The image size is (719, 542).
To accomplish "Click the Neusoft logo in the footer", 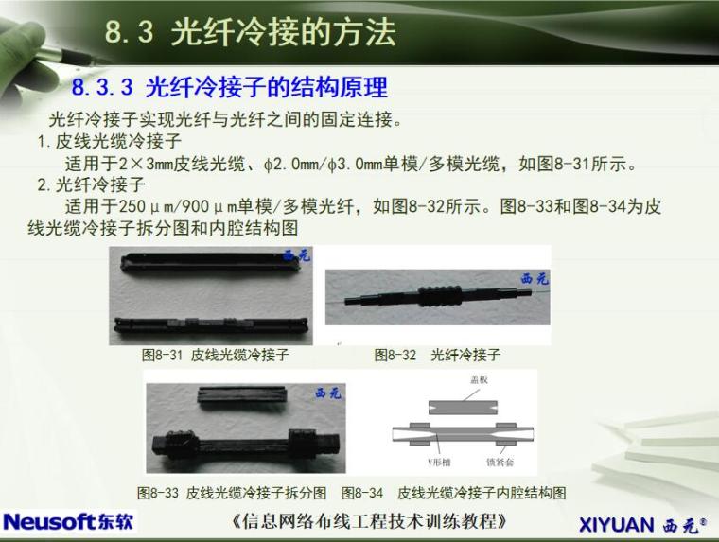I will coord(69,521).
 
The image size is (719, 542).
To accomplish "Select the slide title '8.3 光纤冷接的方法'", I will coord(250,32).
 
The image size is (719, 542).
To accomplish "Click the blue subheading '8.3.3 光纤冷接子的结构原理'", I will coord(230,89).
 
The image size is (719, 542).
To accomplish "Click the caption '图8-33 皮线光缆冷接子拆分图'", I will coord(232,493).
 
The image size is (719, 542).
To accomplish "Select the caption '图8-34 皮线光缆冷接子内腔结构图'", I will coord(454,493).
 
